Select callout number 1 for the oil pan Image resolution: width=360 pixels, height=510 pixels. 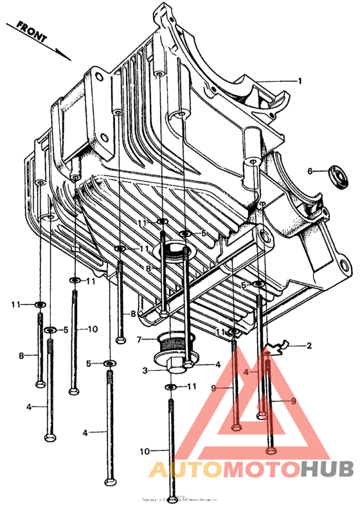coord(299,81)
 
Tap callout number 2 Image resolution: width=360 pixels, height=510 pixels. coord(309,346)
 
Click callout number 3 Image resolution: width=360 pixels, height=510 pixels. coord(145,371)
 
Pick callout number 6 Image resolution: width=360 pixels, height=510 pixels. coord(309,171)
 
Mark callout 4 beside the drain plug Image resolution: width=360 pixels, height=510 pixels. coord(218,364)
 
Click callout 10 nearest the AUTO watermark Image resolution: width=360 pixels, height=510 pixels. coord(145,451)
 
